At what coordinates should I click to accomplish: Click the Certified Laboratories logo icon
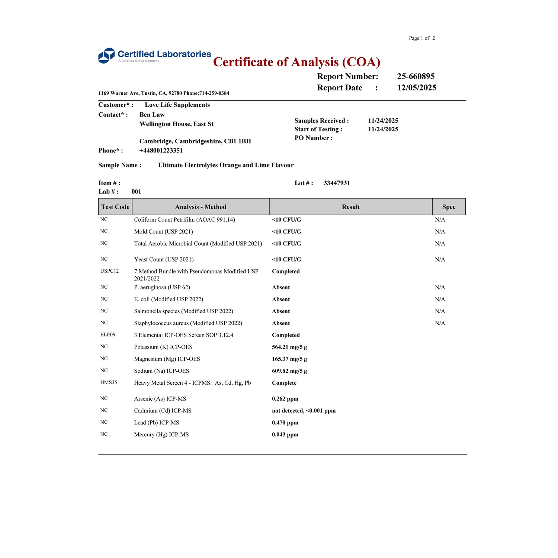(106, 55)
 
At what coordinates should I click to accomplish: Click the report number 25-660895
(416, 76)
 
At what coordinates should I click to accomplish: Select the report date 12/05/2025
(417, 88)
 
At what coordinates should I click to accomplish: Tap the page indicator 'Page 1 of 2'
(422, 38)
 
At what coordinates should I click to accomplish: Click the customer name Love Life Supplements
(177, 105)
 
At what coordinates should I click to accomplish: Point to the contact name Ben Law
(152, 115)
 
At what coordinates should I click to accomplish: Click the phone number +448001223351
(161, 151)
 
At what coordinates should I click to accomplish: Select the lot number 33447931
(337, 183)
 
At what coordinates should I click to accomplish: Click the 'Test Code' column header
(115, 207)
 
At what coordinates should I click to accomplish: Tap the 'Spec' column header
(449, 207)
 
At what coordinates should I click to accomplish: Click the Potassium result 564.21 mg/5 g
(289, 347)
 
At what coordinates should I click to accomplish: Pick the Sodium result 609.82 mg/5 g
(289, 371)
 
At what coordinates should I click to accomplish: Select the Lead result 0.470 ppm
(285, 423)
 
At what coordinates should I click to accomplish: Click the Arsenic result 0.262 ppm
(285, 399)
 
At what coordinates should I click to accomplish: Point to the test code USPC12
(109, 271)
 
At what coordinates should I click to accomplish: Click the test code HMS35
(109, 382)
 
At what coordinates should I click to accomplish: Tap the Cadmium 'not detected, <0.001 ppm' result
(304, 411)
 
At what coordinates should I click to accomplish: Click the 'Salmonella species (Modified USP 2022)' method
(183, 311)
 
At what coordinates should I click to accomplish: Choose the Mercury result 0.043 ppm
(285, 434)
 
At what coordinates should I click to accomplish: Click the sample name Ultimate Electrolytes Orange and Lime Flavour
(226, 165)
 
